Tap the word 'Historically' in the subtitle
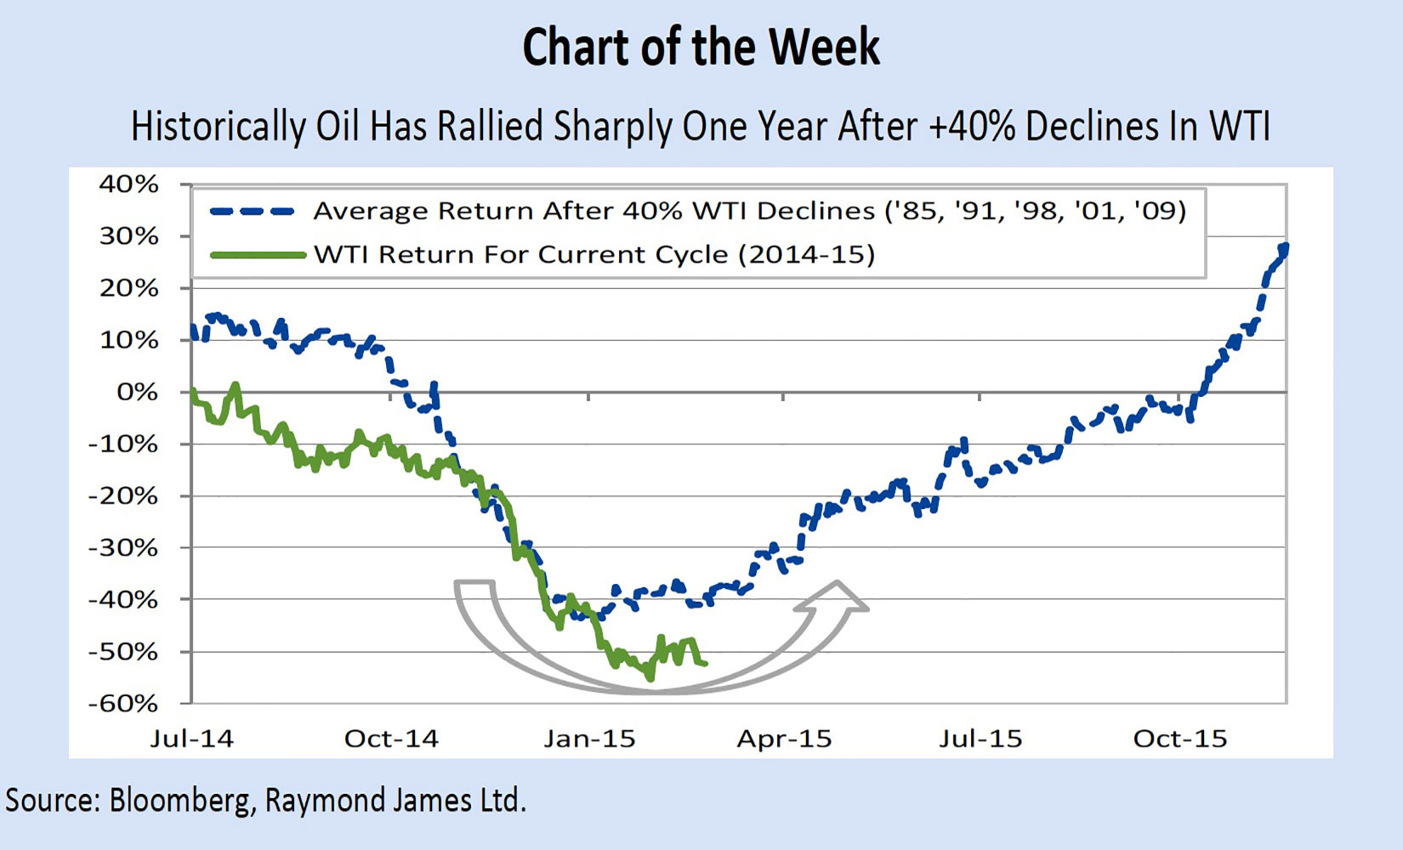[x=219, y=127]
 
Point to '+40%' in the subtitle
[x=972, y=127]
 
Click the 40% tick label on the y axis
[x=128, y=184]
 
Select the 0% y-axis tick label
[x=137, y=392]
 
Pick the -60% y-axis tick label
[x=123, y=704]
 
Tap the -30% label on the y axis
[x=123, y=548]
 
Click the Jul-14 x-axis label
[x=192, y=739]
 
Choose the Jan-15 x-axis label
[x=589, y=739]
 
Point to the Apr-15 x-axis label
[x=784, y=739]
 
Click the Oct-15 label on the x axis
[x=1180, y=739]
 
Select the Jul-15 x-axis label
[x=980, y=739]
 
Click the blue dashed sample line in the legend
[x=253, y=212]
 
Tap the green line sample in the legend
[x=258, y=255]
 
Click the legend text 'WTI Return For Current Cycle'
[x=520, y=255]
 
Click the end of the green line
[x=706, y=664]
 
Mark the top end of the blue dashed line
[x=1284, y=246]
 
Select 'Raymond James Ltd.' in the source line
[x=395, y=801]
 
